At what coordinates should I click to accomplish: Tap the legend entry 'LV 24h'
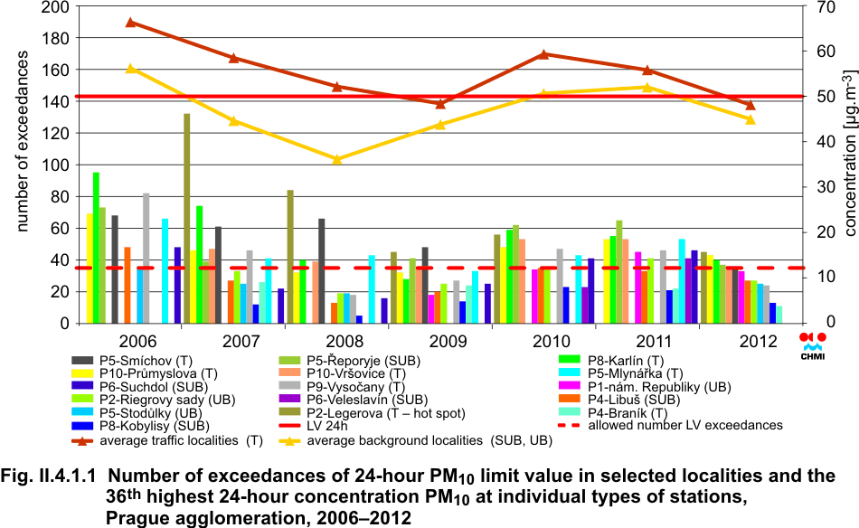point(330,427)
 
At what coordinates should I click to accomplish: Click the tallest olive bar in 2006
point(186,217)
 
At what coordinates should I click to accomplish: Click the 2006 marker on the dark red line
point(130,23)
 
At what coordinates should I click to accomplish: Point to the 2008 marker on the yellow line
point(337,159)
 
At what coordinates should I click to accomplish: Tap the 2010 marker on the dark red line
point(543,54)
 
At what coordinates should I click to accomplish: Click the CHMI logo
point(813,343)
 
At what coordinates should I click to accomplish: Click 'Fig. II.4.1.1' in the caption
point(55,476)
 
